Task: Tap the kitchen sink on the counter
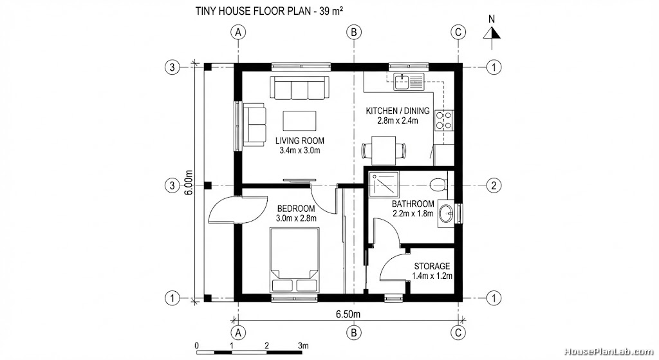[x=408, y=81]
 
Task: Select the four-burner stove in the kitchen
[x=443, y=120]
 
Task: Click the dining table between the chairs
[x=384, y=151]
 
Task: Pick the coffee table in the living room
[x=299, y=120]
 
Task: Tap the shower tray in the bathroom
[x=383, y=185]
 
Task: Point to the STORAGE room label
[x=431, y=266]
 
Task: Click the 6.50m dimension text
[x=348, y=314]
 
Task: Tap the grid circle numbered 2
[x=493, y=185]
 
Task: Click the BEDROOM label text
[x=295, y=209]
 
